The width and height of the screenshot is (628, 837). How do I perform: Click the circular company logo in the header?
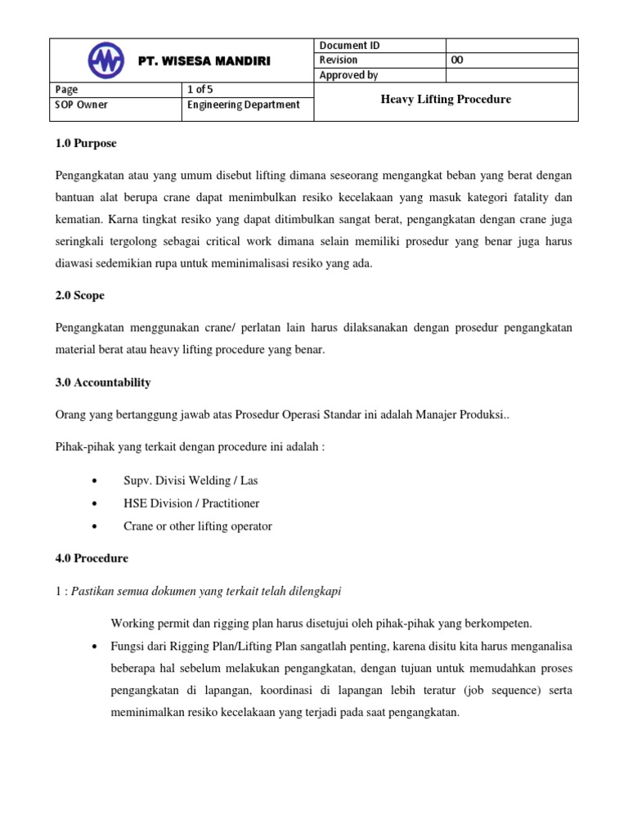point(106,60)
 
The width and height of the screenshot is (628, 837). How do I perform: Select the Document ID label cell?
point(349,46)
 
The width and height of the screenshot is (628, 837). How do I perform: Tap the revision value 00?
point(457,60)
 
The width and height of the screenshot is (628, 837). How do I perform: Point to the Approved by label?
point(349,75)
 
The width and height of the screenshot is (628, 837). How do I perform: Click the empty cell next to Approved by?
point(511,75)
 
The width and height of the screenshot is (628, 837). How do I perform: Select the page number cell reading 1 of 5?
point(200,90)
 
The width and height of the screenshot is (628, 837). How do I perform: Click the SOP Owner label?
point(82,105)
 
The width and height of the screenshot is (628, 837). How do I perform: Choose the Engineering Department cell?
point(244,105)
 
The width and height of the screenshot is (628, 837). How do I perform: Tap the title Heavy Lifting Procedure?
point(446,99)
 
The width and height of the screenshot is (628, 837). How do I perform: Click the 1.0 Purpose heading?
point(86,144)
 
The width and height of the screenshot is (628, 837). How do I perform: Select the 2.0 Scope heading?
point(79,295)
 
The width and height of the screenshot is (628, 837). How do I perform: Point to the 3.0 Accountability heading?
point(102,383)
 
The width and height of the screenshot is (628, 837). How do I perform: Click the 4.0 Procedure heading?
point(92,559)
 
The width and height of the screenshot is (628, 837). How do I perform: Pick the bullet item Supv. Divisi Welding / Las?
point(191,481)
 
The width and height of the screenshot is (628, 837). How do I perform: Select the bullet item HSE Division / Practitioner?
point(191,504)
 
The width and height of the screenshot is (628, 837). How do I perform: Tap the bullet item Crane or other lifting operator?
point(197,526)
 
